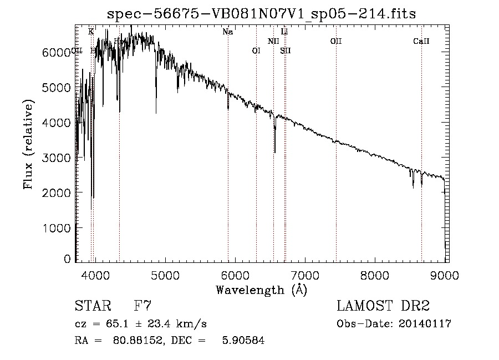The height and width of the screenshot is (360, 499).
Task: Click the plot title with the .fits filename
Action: point(261,14)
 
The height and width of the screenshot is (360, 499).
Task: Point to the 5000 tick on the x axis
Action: point(164,274)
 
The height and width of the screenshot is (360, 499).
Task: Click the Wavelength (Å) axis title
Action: point(261,289)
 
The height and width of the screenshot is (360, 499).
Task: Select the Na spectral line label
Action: point(227,32)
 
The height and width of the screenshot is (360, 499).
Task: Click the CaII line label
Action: point(421,41)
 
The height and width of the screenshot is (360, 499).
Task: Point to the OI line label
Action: point(256,50)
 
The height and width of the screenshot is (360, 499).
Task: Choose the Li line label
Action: point(284,32)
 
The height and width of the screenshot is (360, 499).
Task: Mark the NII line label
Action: point(273,41)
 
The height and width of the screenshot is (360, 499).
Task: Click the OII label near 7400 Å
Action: point(335,41)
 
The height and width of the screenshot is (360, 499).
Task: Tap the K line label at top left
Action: point(91,32)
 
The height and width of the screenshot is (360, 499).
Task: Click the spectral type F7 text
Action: point(143,306)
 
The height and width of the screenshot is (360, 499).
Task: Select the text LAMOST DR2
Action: point(383,306)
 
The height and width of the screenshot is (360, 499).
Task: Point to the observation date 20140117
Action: point(425,324)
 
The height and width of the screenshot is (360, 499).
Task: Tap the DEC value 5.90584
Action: point(242,341)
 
